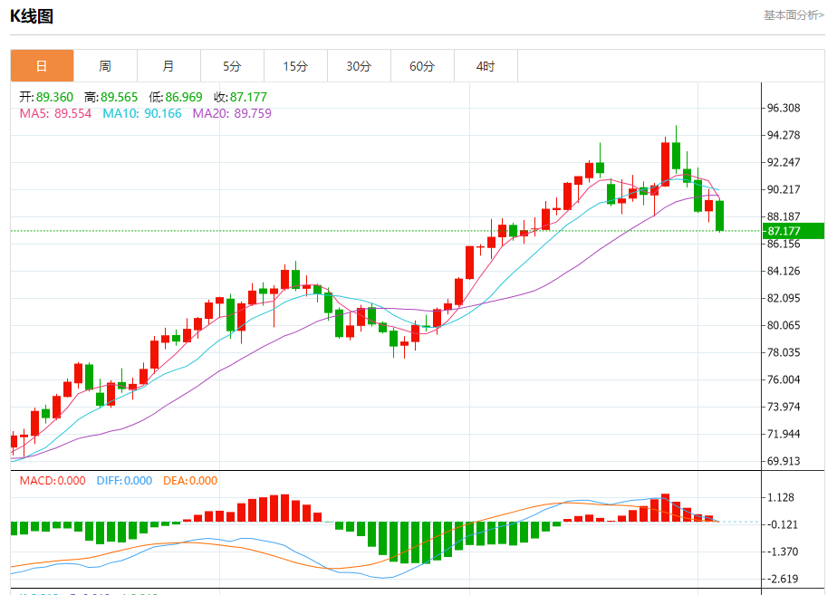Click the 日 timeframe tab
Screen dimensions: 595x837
click(x=42, y=66)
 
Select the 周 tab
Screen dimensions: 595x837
click(x=105, y=66)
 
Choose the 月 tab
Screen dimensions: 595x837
click(x=168, y=66)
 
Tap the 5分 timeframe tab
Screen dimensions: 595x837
click(x=232, y=66)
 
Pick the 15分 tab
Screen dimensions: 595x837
click(x=295, y=66)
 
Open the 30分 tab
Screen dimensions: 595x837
click(x=359, y=66)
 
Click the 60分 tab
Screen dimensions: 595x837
click(x=422, y=66)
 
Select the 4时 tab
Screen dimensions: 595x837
click(x=486, y=66)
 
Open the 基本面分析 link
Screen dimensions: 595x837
click(x=794, y=14)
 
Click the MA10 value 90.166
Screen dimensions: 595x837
click(x=162, y=113)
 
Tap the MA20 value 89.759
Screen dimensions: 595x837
click(x=252, y=113)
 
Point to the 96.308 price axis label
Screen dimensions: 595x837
click(x=784, y=108)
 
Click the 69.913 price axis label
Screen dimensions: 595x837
click(x=784, y=461)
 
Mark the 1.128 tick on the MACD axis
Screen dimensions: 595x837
click(x=781, y=497)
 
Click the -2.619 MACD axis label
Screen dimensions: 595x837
click(x=781, y=579)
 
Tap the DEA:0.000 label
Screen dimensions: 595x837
click(x=190, y=481)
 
